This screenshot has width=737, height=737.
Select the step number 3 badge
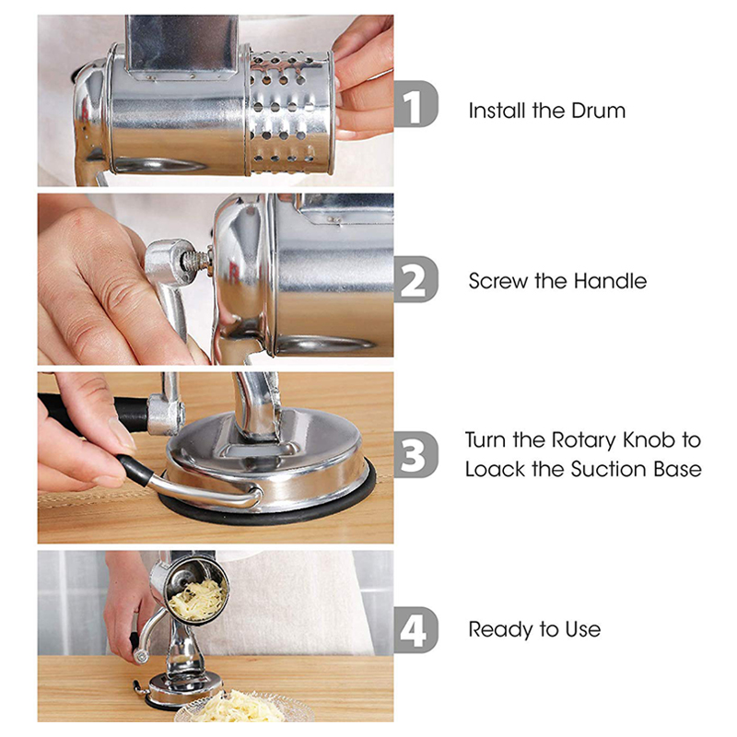[x=416, y=454]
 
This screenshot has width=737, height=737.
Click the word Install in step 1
[x=497, y=111]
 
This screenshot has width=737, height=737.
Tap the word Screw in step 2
[x=497, y=281]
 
